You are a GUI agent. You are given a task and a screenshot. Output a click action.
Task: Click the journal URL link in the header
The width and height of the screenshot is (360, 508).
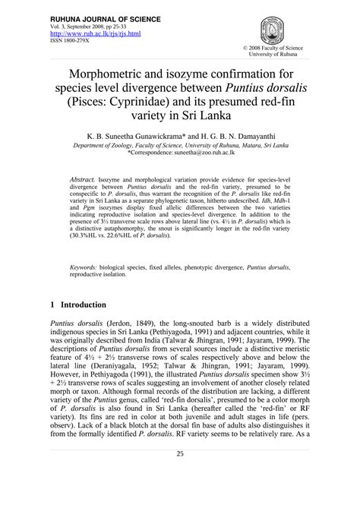pyautogui.click(x=87, y=34)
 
